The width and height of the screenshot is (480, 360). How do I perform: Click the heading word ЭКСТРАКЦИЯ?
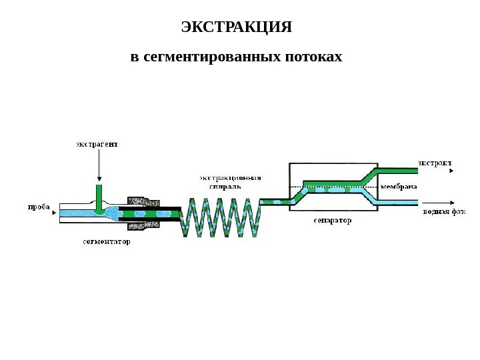(237, 27)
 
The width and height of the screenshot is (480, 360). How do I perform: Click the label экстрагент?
(97, 143)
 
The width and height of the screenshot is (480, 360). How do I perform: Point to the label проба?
(39, 207)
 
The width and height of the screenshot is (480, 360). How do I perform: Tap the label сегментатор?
(107, 242)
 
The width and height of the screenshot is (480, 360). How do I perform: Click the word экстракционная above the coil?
(231, 178)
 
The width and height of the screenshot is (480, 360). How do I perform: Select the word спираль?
(221, 187)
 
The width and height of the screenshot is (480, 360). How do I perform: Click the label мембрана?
(399, 187)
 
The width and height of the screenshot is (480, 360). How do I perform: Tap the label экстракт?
(435, 162)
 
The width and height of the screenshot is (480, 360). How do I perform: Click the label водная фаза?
(444, 212)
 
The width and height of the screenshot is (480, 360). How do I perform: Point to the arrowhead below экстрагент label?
(99, 179)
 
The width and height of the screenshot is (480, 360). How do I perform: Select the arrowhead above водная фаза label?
(452, 203)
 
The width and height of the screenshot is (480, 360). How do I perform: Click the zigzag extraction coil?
(223, 217)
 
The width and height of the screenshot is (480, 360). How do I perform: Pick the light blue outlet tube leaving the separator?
(397, 202)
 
